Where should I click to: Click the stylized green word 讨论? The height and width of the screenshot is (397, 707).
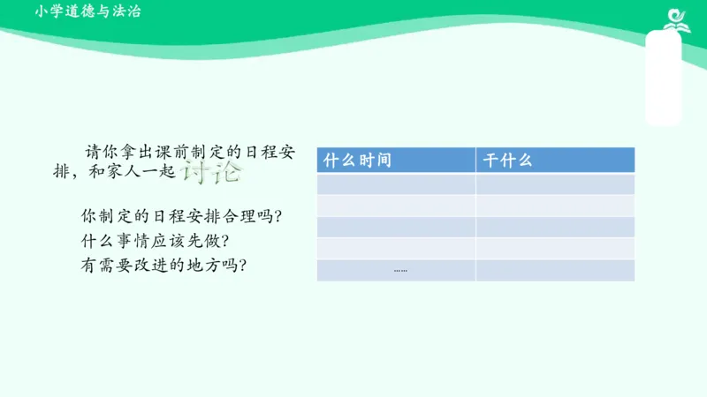point(210,171)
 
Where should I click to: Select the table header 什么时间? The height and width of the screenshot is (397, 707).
point(357,161)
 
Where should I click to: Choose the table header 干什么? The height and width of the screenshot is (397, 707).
point(506,161)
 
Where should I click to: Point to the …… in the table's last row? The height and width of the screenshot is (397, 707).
point(400,270)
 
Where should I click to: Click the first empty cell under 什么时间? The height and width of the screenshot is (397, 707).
point(396,184)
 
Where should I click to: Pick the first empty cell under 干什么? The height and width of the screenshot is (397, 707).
point(555,184)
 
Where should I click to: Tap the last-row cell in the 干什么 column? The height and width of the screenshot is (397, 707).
point(555,270)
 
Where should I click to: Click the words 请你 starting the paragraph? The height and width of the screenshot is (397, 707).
point(95,151)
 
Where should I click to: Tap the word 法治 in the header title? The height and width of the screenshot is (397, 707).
point(127,11)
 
